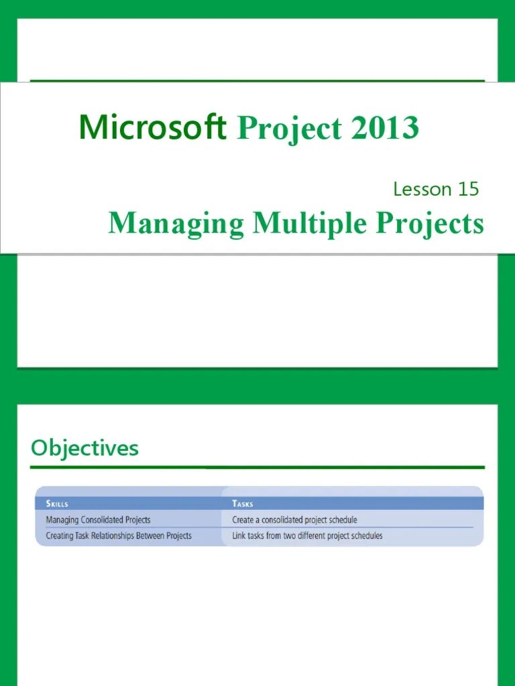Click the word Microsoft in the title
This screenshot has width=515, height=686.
pos(152,127)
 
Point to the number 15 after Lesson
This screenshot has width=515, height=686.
pos(468,189)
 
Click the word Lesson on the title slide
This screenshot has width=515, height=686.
pos(422,189)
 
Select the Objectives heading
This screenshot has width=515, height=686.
pos(84,448)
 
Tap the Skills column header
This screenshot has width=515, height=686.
pos(57,503)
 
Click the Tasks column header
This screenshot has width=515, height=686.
pos(243,503)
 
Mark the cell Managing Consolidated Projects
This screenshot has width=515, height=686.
pos(98,519)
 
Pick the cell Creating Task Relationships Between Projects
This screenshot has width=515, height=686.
pos(119,535)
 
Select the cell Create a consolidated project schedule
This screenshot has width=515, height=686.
pos(294,519)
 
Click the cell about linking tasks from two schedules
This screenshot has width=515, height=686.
pos(307,535)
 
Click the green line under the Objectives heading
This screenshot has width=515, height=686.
pos(257,467)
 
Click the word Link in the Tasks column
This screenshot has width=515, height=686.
pos(239,535)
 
